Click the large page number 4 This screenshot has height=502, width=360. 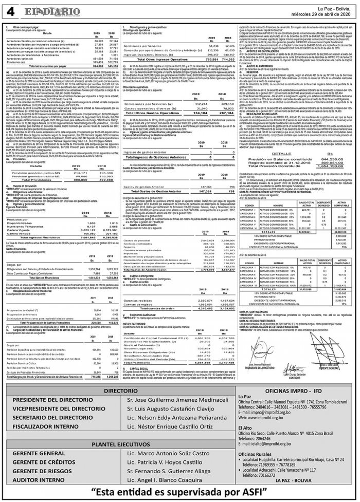pos(11,11)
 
